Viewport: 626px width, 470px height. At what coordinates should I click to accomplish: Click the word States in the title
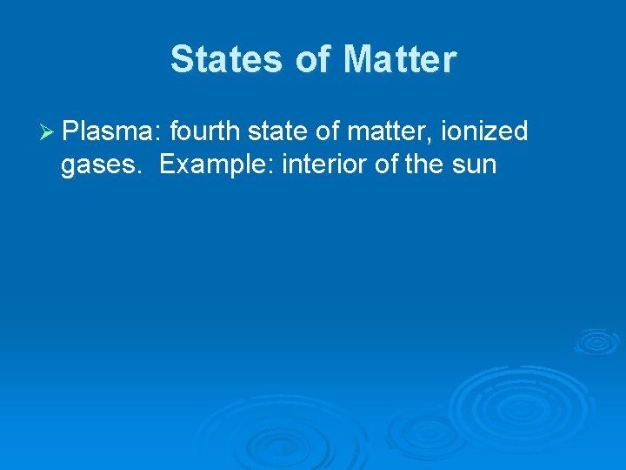225,60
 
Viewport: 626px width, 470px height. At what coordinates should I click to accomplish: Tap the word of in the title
312,60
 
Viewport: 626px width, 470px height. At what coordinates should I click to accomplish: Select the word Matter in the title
399,60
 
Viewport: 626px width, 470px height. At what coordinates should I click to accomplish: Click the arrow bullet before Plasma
48,132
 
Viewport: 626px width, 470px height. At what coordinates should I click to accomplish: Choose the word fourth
206,132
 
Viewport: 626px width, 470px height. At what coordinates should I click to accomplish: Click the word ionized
484,132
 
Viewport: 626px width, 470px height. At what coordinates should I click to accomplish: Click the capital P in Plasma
71,132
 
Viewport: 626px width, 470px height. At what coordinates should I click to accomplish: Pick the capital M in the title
357,60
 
